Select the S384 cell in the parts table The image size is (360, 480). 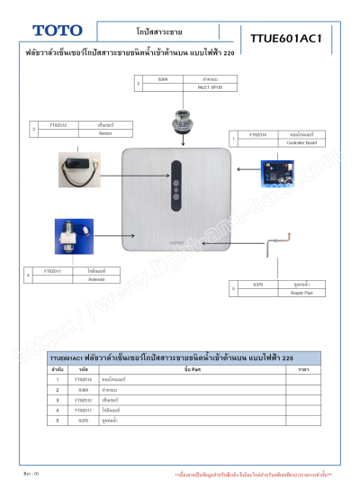pos(83,390)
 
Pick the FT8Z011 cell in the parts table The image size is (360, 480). pos(83,410)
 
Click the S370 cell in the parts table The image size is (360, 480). pos(83,420)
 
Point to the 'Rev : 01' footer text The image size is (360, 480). pos(31,471)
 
